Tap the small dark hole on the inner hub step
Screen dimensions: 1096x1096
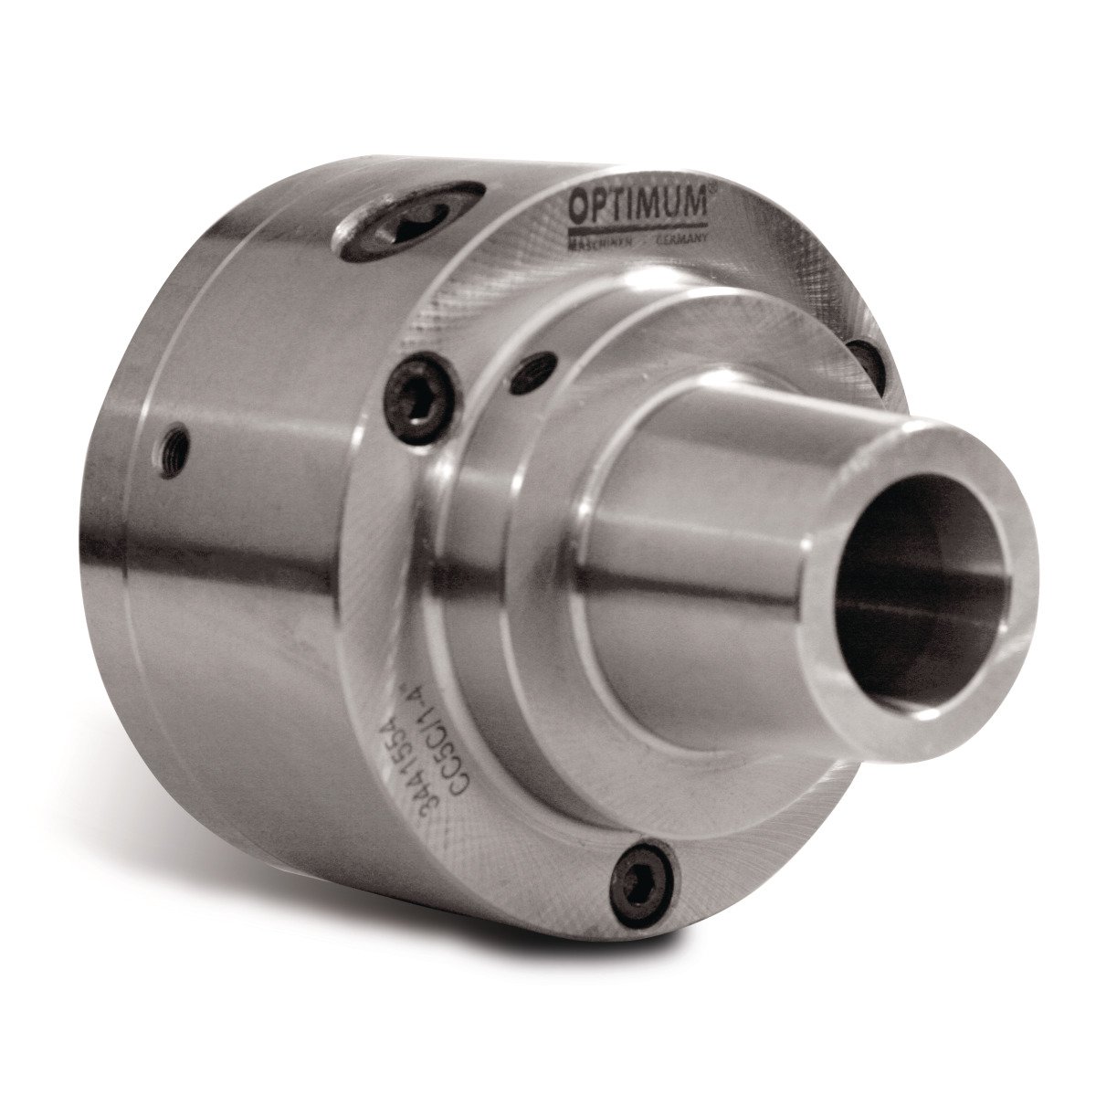click(532, 370)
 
